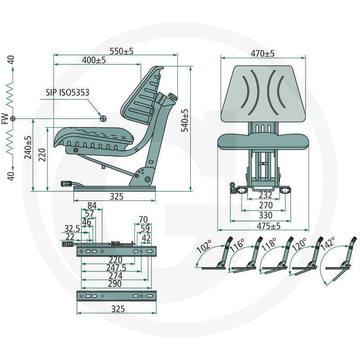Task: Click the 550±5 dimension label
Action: coord(121,51)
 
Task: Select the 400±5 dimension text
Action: coord(94,60)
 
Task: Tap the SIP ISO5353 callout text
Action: coord(67,92)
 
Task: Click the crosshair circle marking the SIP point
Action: coord(103,118)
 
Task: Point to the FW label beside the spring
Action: coord(5,118)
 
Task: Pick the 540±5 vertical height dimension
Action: coord(184,120)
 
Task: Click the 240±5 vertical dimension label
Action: coord(28,148)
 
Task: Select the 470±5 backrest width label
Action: coord(262,54)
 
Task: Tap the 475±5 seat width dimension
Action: coord(269,226)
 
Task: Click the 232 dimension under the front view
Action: coord(265,195)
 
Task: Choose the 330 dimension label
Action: coord(265,216)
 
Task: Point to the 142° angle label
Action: coord(328,243)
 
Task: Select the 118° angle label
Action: coord(268,245)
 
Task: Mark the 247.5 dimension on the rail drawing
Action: coord(117,268)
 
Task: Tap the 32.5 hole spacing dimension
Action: coord(72,229)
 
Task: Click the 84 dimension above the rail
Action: coord(92,206)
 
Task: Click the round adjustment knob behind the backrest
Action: coord(173,96)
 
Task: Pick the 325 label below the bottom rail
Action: coord(118,309)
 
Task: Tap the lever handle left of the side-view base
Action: coord(67,184)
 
